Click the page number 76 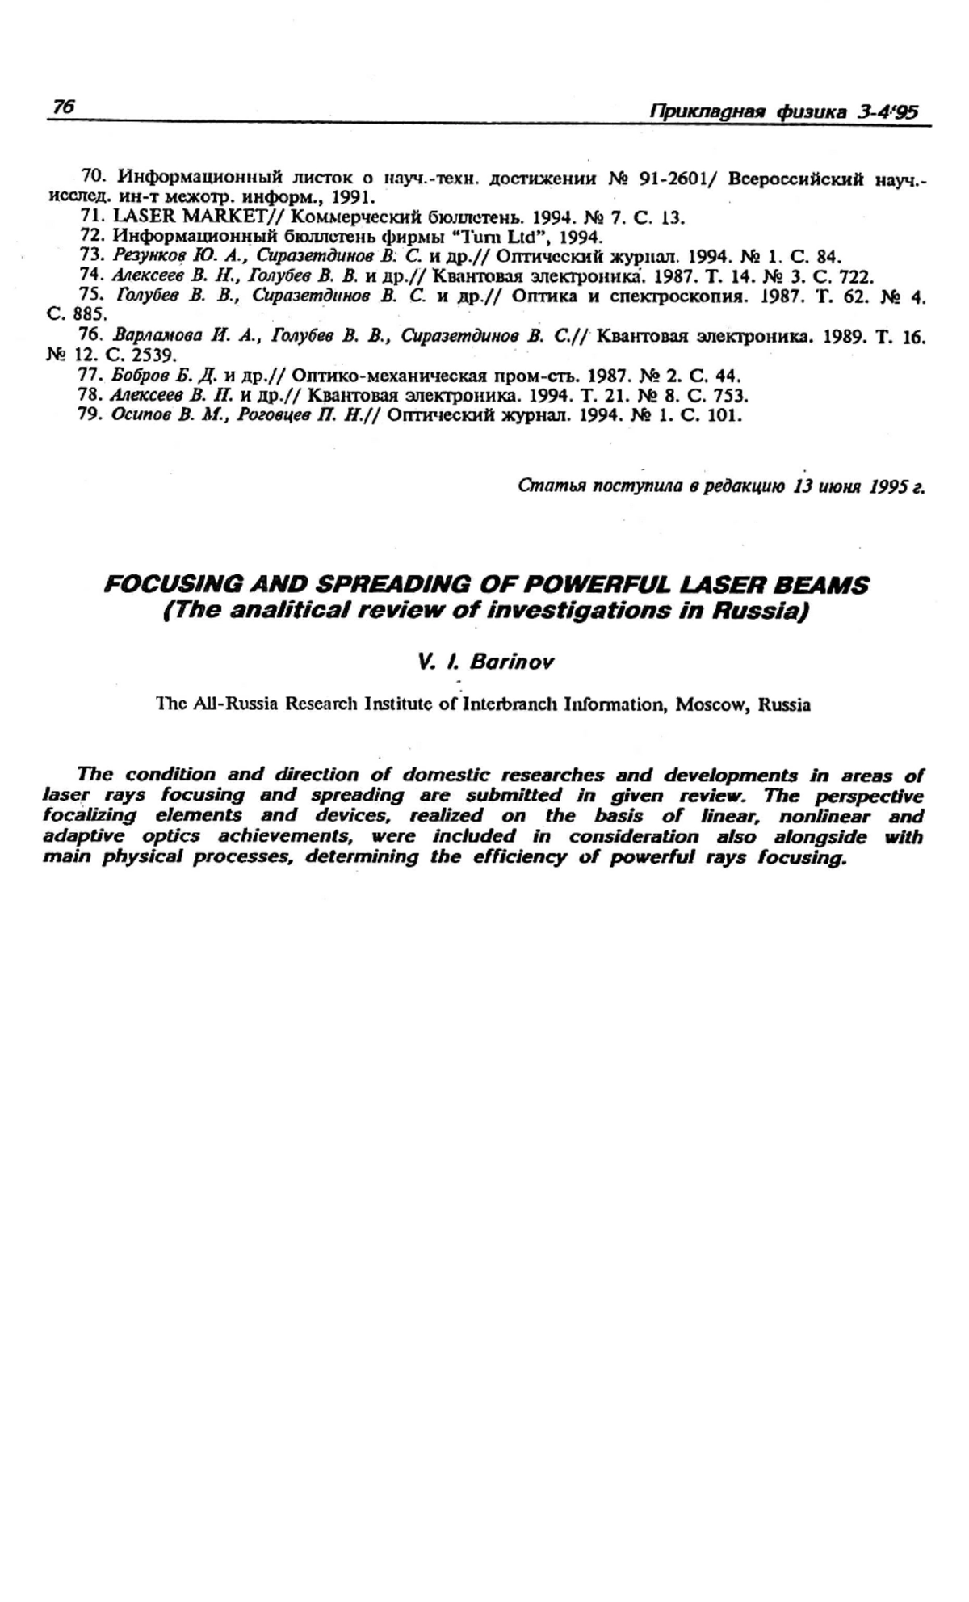click(63, 107)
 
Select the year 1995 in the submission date click(887, 487)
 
